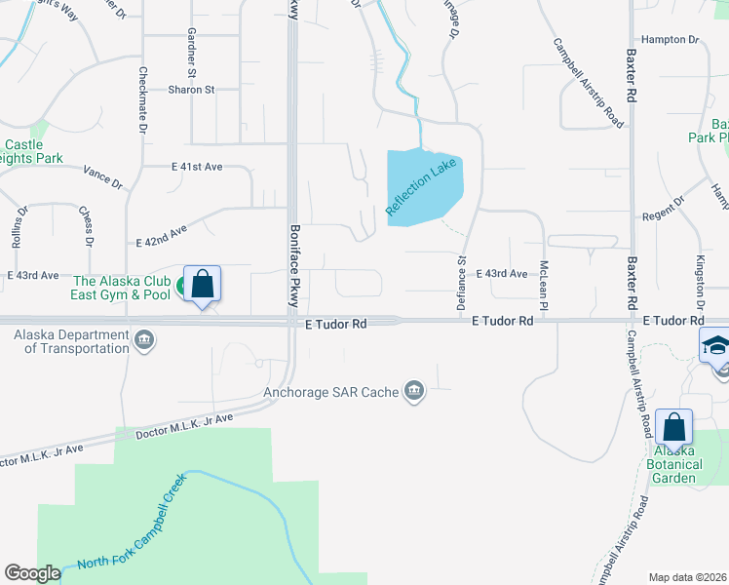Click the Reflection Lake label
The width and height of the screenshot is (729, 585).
pos(421,188)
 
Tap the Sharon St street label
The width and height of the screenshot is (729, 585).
pos(191,90)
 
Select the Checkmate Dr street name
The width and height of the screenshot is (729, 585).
pos(142,100)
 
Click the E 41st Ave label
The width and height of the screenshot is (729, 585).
pos(197,168)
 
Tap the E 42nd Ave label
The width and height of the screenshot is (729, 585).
pos(162,236)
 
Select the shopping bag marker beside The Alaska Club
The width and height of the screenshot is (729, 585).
pos(203,285)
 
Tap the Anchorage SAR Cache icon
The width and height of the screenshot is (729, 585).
pos(415,392)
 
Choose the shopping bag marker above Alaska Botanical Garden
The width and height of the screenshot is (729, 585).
pos(673,427)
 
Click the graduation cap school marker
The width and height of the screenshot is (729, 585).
pos(715,346)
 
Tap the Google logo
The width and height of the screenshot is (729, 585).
pos(32,573)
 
